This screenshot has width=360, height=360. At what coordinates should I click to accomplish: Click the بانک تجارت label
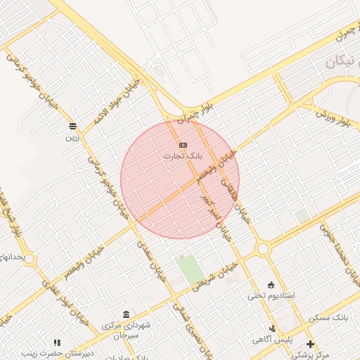[x=183, y=155]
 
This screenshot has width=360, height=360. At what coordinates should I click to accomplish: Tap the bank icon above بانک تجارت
[x=183, y=144]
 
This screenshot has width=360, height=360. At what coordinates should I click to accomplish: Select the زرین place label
[x=73, y=138]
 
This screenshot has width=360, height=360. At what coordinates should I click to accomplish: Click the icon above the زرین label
[x=73, y=126]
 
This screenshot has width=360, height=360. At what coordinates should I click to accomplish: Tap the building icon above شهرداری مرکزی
[x=126, y=314]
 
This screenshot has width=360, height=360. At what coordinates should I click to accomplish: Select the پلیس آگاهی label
[x=273, y=340]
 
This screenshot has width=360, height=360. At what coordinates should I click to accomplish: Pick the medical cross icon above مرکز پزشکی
[x=310, y=344]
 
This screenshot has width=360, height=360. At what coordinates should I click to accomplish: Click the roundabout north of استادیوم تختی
[x=264, y=248]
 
